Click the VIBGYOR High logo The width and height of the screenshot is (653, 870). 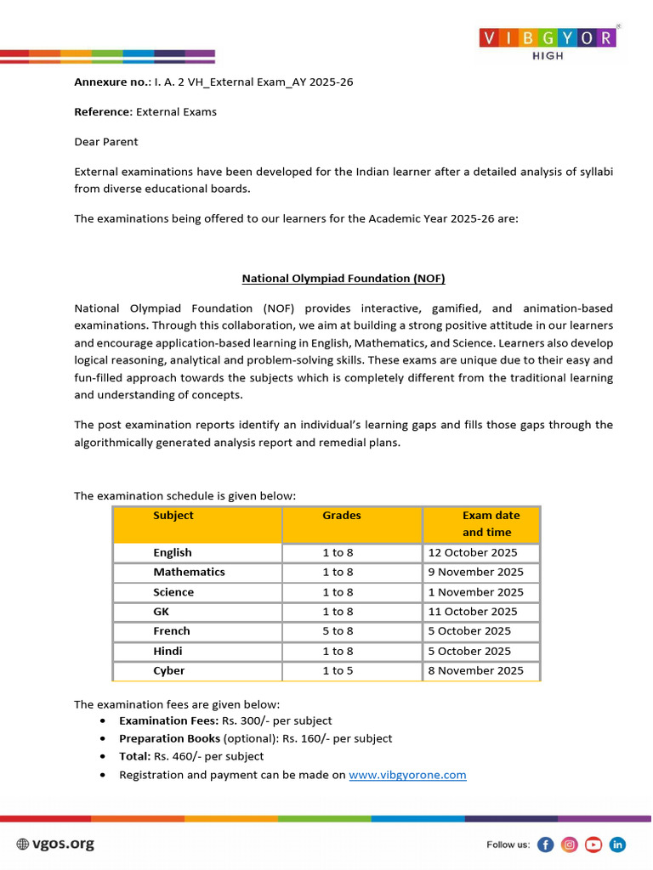[x=548, y=42]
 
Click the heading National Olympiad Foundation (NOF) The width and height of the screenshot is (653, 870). [x=344, y=278]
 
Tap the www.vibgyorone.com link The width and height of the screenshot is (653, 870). [x=407, y=775]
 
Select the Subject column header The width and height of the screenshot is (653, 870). [x=173, y=516]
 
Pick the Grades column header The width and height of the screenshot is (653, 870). [x=342, y=516]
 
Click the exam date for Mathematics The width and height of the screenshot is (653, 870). [x=475, y=573]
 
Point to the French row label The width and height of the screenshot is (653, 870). [x=172, y=631]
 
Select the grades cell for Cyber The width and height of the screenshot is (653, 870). [x=338, y=671]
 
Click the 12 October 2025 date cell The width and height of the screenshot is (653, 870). [x=472, y=553]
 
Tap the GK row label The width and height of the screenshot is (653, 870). [x=162, y=612]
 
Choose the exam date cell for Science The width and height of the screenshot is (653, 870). [x=475, y=592]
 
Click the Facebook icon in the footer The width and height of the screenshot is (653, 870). [x=546, y=845]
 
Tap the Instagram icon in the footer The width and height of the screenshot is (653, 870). [x=570, y=845]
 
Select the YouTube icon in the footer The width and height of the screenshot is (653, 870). [x=593, y=845]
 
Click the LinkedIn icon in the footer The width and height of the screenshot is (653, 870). [x=617, y=845]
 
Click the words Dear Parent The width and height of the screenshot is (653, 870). [x=106, y=142]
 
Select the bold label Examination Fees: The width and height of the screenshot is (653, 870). [x=168, y=721]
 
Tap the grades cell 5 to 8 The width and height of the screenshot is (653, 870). [x=338, y=631]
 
